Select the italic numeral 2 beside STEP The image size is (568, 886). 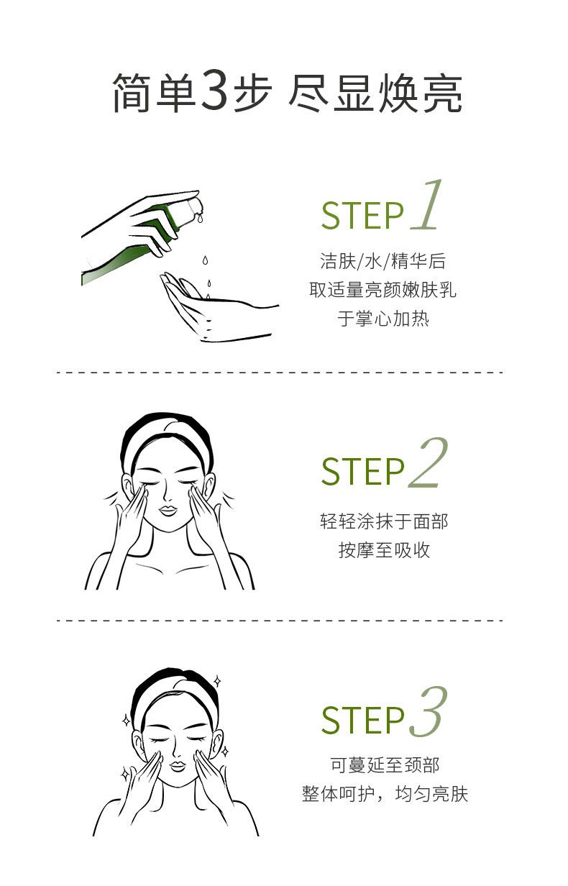tap(428, 462)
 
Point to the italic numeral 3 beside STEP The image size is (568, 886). tap(428, 713)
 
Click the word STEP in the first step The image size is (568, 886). tap(362, 216)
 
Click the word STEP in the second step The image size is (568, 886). tap(362, 471)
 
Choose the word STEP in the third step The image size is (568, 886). tap(362, 721)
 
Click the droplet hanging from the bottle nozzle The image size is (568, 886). tap(200, 217)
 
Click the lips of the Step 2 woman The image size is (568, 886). tap(168, 511)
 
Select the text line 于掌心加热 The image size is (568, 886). tap(383, 319)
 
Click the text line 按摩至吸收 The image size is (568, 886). tap(384, 550)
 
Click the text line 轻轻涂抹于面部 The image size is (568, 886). tap(384, 521)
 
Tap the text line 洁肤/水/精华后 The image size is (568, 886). tap(383, 260)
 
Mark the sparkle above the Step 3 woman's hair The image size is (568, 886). tap(216, 681)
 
